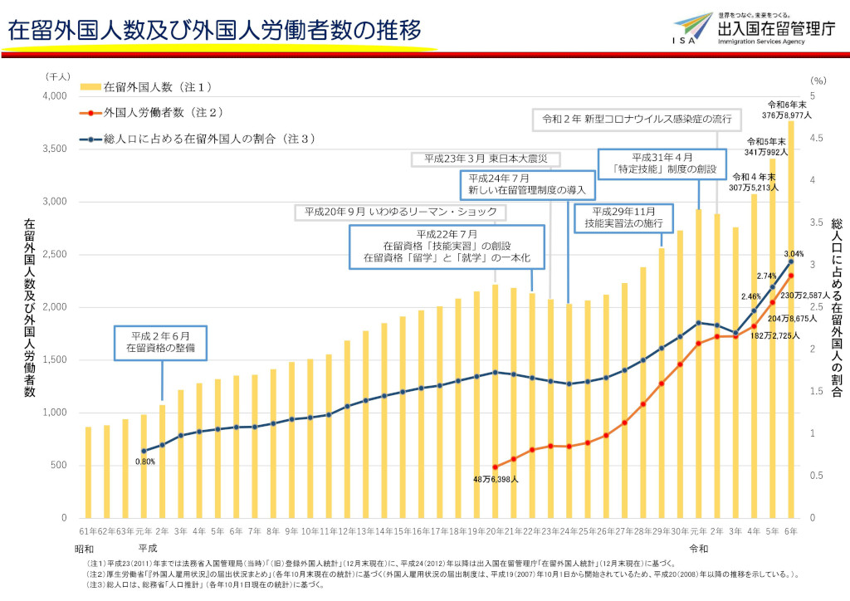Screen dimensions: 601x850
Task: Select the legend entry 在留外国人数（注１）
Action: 149,86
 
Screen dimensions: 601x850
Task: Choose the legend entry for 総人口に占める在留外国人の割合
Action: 199,139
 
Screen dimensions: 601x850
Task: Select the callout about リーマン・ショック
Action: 400,213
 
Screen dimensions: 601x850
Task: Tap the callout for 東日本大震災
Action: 486,159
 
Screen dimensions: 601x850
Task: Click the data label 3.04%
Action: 794,252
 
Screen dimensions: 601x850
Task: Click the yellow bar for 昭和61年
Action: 88,472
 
